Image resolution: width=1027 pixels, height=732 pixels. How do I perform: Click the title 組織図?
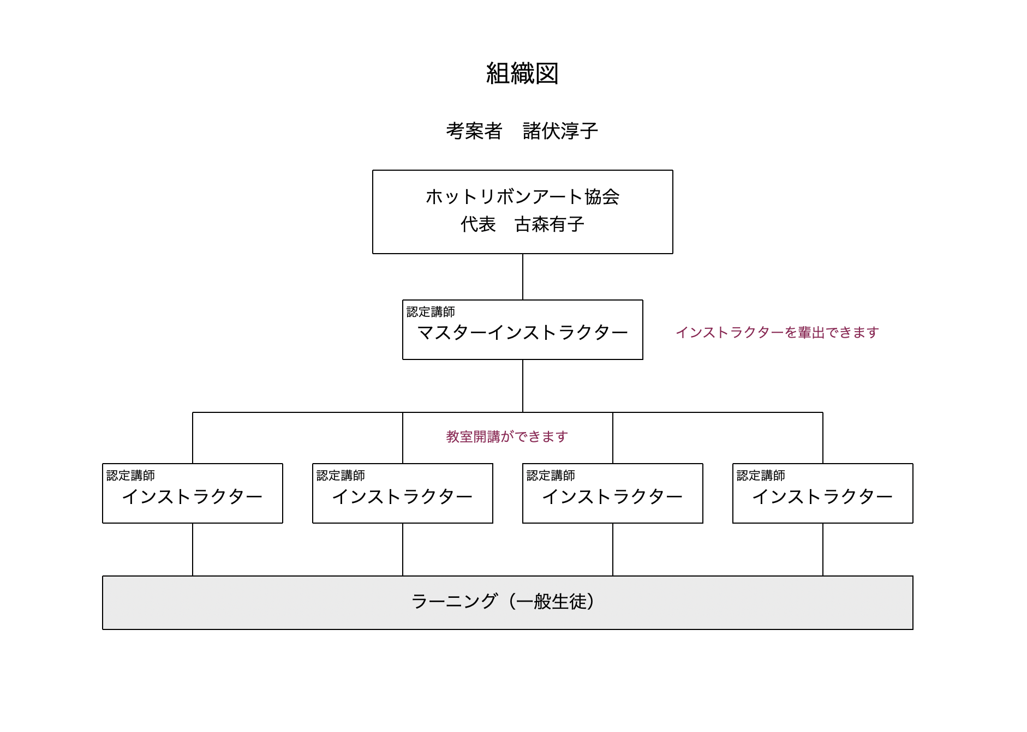(522, 73)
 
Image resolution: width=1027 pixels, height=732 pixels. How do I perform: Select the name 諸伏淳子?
(560, 131)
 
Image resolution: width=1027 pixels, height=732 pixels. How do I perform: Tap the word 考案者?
(474, 131)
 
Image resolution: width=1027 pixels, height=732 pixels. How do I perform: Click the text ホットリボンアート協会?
(522, 196)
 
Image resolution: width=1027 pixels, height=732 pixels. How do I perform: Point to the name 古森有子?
(550, 224)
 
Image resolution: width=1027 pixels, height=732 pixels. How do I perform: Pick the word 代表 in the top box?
(478, 224)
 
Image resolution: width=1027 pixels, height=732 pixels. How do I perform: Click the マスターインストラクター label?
(522, 332)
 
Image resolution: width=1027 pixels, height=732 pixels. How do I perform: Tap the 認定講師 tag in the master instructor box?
(431, 311)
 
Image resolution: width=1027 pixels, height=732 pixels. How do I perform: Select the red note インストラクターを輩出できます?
(777, 332)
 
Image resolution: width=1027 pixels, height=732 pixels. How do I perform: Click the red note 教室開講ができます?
(507, 436)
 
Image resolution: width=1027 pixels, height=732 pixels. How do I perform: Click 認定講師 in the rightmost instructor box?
(761, 475)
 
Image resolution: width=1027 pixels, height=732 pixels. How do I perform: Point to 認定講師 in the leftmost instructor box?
(130, 475)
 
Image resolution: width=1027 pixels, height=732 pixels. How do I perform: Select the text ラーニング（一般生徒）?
(503, 601)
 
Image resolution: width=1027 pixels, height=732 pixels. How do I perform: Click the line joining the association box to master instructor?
(523, 277)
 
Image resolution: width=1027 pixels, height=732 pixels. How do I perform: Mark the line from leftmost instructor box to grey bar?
(193, 549)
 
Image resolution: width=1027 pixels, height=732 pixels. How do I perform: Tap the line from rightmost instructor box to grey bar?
(823, 549)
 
